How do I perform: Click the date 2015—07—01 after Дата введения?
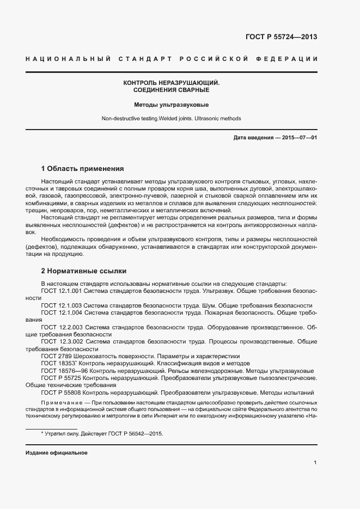(300, 138)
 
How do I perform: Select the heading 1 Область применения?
(82, 168)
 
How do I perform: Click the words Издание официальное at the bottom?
(56, 453)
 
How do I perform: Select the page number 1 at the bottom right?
(315, 463)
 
